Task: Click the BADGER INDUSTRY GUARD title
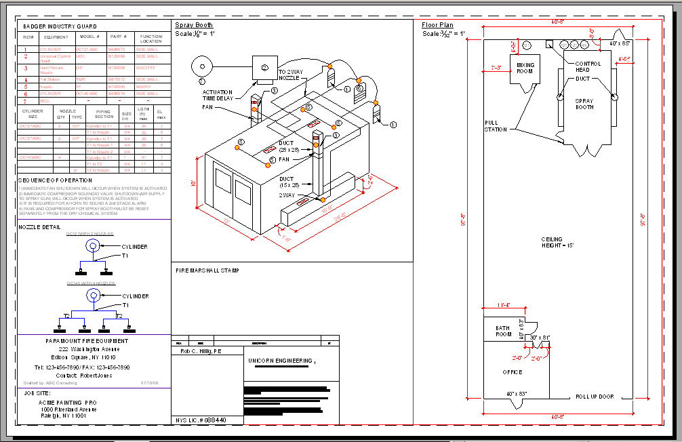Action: (x=60, y=26)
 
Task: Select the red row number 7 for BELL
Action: (x=26, y=100)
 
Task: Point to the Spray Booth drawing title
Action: (x=194, y=25)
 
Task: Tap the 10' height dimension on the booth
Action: (x=193, y=182)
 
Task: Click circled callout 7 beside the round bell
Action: (x=201, y=81)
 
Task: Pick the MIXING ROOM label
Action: (x=525, y=68)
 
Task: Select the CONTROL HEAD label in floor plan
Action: (x=588, y=66)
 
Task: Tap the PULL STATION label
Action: (x=496, y=126)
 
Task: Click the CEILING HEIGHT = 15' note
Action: (x=558, y=242)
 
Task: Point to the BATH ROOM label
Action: (x=503, y=331)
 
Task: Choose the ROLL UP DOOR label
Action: (x=595, y=397)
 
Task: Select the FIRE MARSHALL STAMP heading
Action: (x=207, y=270)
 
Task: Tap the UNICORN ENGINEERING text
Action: (x=281, y=361)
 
